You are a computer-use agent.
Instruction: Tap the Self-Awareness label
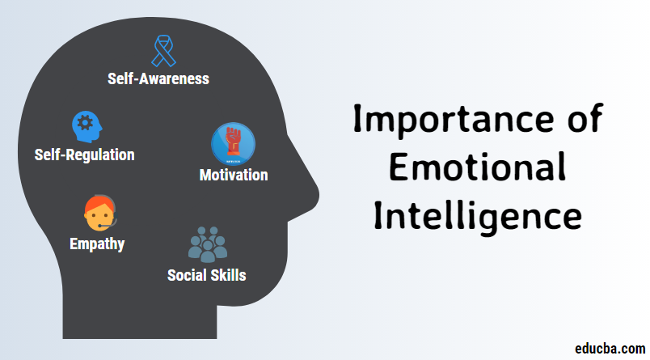[x=158, y=78]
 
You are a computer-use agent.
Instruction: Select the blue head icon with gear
[x=87, y=126]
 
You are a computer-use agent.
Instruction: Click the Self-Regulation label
[x=85, y=155]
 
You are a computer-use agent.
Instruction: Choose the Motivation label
[x=234, y=175]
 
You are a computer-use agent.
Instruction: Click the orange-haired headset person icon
[x=100, y=214]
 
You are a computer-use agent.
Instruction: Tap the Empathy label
[x=97, y=244]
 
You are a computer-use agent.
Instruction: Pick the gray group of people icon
[x=208, y=244]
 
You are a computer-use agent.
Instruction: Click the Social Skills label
[x=207, y=275]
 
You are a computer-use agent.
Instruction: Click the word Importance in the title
[x=454, y=120]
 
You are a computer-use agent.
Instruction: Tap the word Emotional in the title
[x=478, y=167]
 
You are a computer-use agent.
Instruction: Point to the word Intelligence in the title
[x=478, y=217]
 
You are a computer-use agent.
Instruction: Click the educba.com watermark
[x=610, y=349]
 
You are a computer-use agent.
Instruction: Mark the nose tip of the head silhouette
[x=319, y=194]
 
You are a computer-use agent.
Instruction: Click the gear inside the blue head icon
[x=86, y=123]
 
